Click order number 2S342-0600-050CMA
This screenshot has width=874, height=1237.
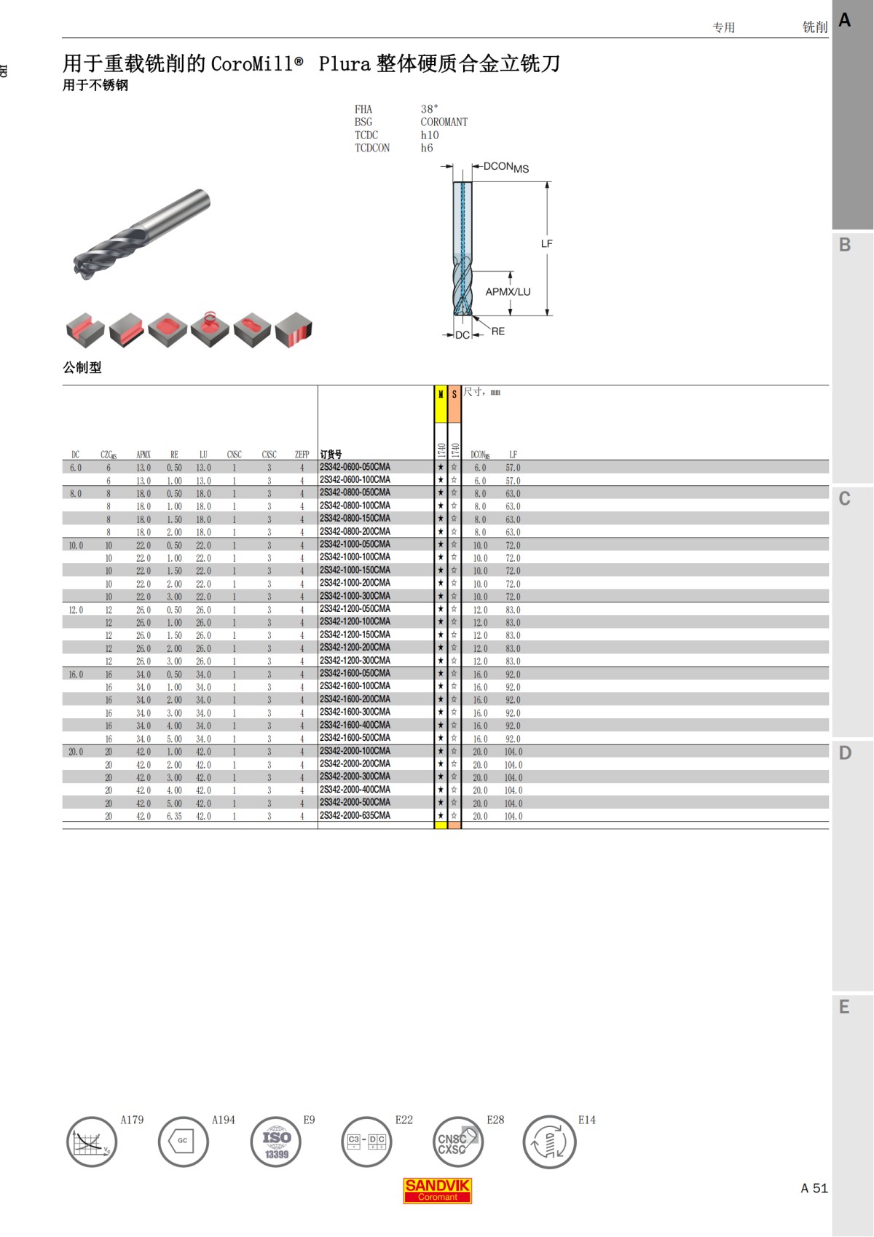point(355,467)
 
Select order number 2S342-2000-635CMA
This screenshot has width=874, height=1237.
point(355,816)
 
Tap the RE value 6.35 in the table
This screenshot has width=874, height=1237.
point(174,817)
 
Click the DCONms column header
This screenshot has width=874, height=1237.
point(480,455)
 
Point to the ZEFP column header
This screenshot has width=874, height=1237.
point(302,455)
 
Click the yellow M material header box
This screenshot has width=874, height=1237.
point(441,404)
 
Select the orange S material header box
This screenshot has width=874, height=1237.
point(454,404)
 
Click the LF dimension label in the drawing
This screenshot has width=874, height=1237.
point(546,244)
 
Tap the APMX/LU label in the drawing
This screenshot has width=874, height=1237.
point(508,292)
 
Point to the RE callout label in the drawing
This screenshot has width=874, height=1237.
point(498,331)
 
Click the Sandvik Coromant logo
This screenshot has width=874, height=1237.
point(438,1190)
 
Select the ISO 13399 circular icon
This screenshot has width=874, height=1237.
point(276,1142)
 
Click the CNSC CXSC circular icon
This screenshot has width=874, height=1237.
point(457,1142)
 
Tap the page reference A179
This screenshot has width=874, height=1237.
point(132,1120)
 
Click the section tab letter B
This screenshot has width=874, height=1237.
point(845,245)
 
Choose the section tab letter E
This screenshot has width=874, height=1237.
point(845,1008)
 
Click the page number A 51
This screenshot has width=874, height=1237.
point(814,1188)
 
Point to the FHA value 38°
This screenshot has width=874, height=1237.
point(429,109)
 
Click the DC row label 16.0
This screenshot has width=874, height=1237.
point(76,675)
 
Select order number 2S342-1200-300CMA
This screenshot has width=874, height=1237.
point(355,661)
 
